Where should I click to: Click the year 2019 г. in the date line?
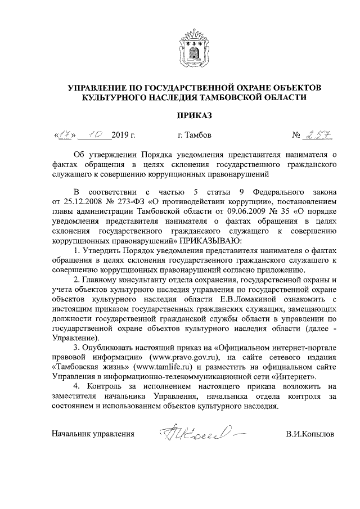pyautogui.click(x=124, y=135)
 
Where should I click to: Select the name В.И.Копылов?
pyautogui.click(x=309, y=435)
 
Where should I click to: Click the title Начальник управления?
pyautogui.click(x=93, y=435)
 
